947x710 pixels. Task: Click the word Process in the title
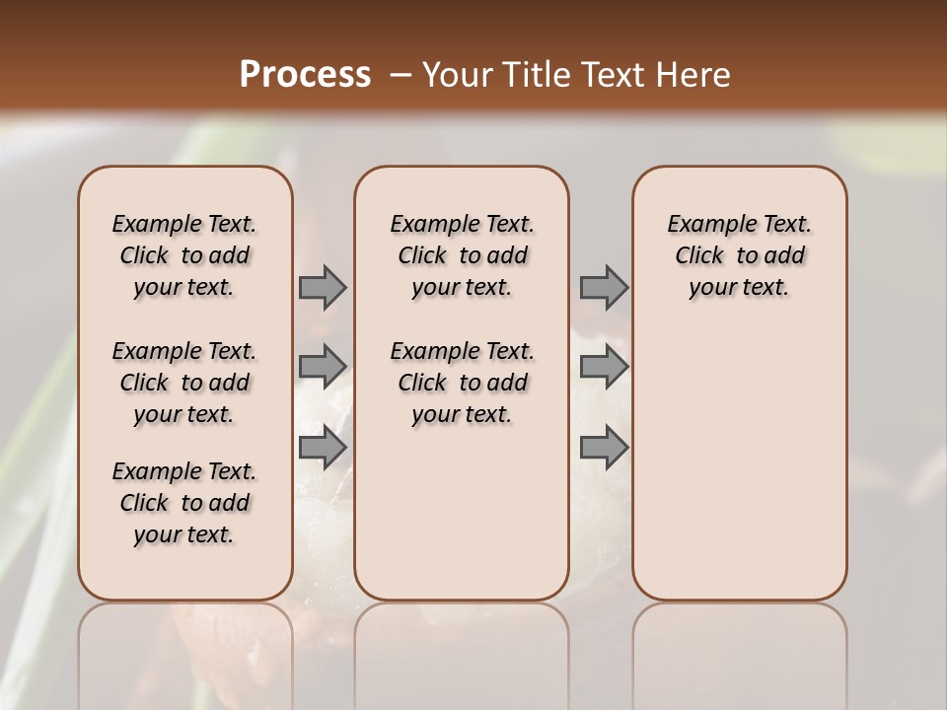point(305,75)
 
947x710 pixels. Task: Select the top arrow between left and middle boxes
point(323,287)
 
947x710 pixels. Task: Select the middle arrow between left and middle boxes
point(323,367)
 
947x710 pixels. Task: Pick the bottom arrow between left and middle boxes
point(323,448)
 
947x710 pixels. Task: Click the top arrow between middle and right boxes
point(604,287)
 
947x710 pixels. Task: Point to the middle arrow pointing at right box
point(604,367)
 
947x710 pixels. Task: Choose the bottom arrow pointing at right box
point(604,448)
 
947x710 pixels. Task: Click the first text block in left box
point(184,255)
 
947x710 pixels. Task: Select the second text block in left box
point(184,383)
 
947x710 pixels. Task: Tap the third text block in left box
point(184,503)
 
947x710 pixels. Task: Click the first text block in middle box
point(462,255)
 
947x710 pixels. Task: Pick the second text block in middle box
point(462,383)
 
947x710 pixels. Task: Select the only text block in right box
point(739,255)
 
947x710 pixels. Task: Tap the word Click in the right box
point(699,256)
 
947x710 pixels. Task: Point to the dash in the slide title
point(400,75)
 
